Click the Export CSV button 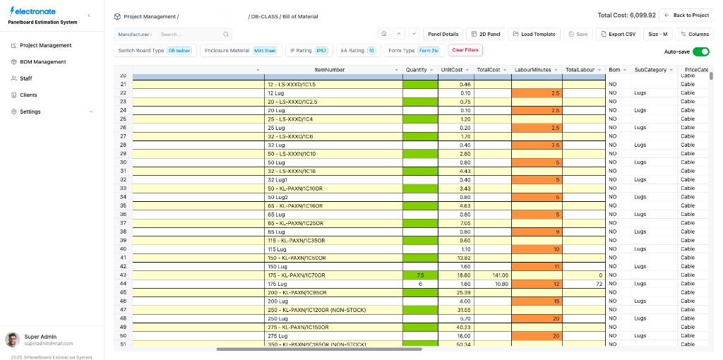616,34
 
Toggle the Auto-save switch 700,52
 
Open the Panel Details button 443,34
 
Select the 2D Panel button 486,34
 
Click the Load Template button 534,34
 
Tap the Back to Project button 686,15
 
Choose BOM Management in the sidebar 42,61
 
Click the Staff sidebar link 26,78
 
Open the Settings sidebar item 30,112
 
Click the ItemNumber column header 329,70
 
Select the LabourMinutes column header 533,70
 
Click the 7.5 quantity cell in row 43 420,275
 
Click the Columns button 694,34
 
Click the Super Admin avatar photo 12,340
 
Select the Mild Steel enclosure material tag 265,51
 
